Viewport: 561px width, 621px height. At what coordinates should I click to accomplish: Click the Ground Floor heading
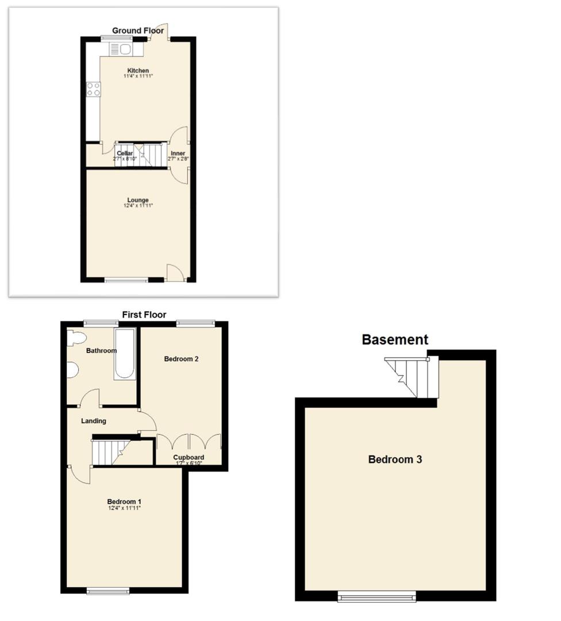coord(138,30)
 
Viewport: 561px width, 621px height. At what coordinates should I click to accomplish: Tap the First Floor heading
coord(144,315)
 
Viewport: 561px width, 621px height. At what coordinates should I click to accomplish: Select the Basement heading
coord(395,340)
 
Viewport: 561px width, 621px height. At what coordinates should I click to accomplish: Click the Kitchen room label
coord(138,71)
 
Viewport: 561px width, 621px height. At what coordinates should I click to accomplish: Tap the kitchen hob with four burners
coord(93,89)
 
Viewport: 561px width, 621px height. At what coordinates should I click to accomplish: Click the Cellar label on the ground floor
coord(125,154)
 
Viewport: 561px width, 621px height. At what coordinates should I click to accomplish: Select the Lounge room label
coord(138,200)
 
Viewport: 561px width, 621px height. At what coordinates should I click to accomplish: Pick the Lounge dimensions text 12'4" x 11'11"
coord(138,206)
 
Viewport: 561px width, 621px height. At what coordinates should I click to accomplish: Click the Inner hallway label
coord(178,154)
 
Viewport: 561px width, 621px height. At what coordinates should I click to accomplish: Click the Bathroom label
coord(102,351)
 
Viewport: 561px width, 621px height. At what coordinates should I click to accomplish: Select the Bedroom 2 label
coord(181,359)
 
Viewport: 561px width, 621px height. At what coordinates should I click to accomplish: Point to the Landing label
coord(93,421)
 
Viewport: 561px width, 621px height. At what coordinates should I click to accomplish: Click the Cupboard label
coord(189,458)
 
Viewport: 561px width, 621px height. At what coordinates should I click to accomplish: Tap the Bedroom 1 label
coord(124,502)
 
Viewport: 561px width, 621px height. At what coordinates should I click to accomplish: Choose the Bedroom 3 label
coord(395,459)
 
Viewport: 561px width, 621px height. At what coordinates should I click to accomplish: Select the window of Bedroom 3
coord(376,597)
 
